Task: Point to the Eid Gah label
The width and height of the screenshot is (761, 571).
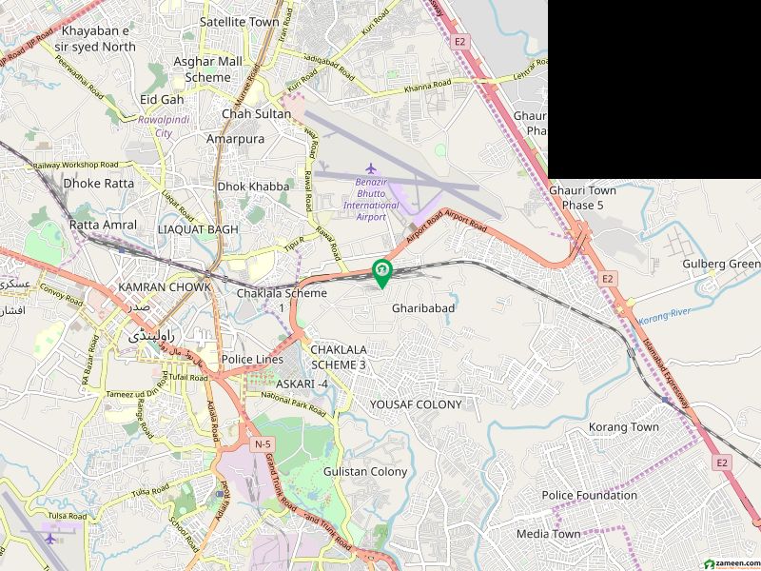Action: tap(162, 99)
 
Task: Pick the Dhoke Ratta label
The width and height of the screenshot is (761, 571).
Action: tap(98, 183)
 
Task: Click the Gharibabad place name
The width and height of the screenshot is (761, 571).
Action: tap(423, 308)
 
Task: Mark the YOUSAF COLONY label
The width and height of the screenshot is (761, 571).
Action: tap(416, 404)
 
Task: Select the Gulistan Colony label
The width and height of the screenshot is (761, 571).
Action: tap(364, 471)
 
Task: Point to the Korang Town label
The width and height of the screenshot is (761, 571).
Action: tap(623, 427)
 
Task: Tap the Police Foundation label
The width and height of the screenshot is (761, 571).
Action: tap(589, 495)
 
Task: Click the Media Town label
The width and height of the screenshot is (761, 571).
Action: tap(548, 534)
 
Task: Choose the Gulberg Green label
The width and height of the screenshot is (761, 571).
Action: tap(720, 264)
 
